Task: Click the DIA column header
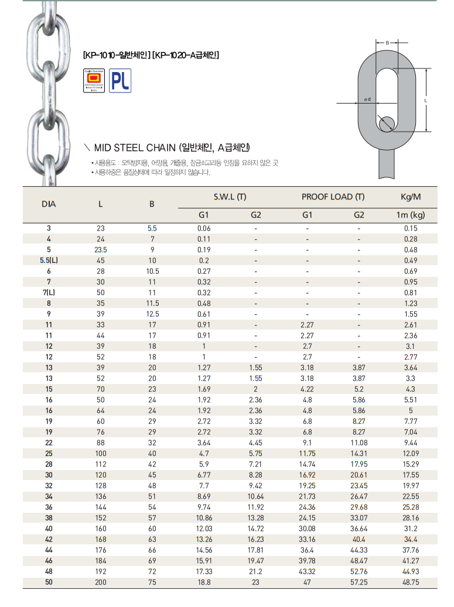point(49,204)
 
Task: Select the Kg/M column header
point(410,197)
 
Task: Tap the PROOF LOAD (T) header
point(333,197)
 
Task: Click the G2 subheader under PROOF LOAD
point(359,215)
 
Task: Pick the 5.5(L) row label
point(49,260)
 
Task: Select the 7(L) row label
point(49,292)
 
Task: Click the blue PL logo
point(120,81)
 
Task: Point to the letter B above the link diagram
point(387,43)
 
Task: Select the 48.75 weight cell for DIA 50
point(411,582)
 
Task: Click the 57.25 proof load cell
point(359,582)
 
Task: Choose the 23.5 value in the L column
point(101,249)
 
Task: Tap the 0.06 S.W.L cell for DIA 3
point(204,228)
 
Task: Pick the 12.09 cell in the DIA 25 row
point(411,453)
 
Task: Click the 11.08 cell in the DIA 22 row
point(359,443)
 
